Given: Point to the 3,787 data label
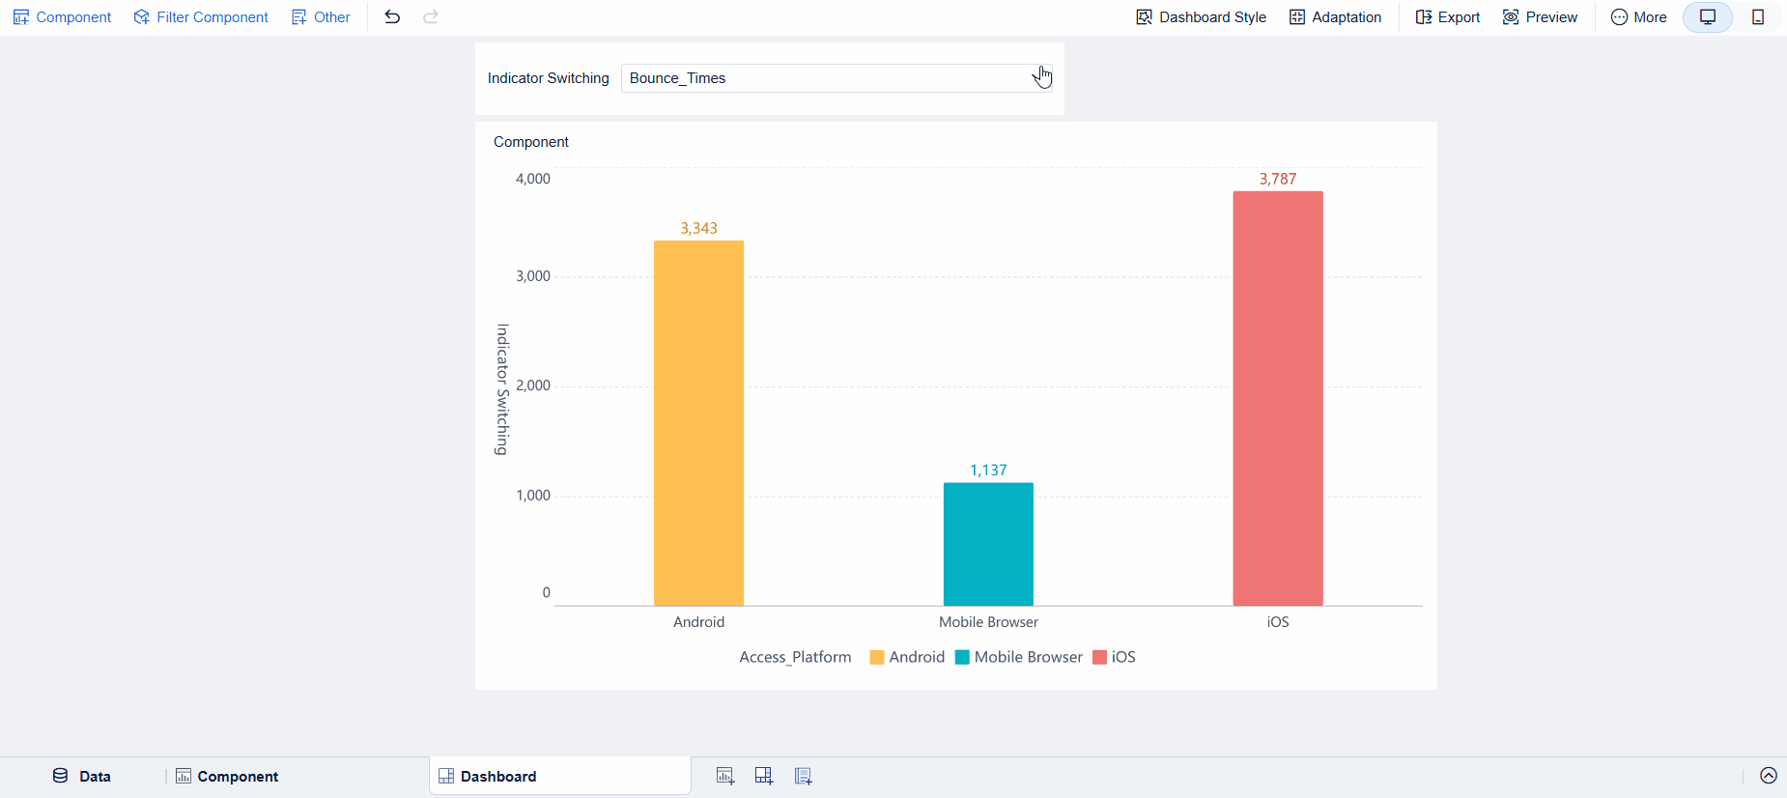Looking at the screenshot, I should tap(1277, 179).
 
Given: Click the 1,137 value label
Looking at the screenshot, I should tap(988, 470).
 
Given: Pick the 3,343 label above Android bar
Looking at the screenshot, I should tap(698, 228).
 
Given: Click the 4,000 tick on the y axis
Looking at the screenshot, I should tap(532, 179).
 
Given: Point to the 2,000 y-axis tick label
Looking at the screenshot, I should tap(532, 385).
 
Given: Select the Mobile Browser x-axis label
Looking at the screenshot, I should tap(988, 622).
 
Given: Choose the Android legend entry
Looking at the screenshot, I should tap(907, 657).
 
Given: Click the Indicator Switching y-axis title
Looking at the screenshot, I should tap(502, 389).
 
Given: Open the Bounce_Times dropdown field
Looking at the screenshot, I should tap(836, 78).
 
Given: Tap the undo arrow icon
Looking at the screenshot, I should tap(392, 17).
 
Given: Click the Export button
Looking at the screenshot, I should tap(1447, 17).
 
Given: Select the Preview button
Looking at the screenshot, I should tap(1540, 17).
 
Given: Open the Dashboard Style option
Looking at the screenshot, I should tap(1201, 17).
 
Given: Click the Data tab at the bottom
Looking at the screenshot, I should tap(82, 776).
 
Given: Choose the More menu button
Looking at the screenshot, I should tap(1638, 17).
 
